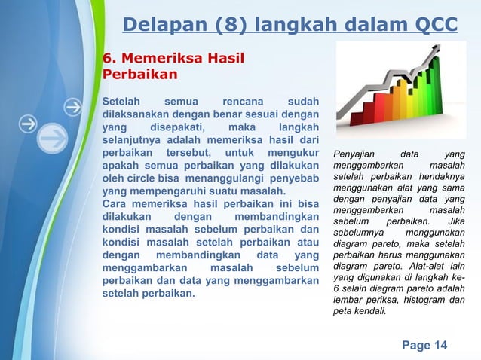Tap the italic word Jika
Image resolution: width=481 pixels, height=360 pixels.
pyautogui.click(x=455, y=222)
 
